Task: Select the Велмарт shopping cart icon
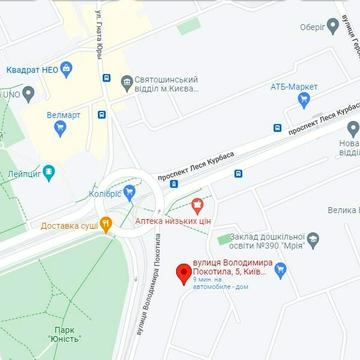click(30, 96)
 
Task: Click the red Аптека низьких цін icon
click(183, 205)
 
